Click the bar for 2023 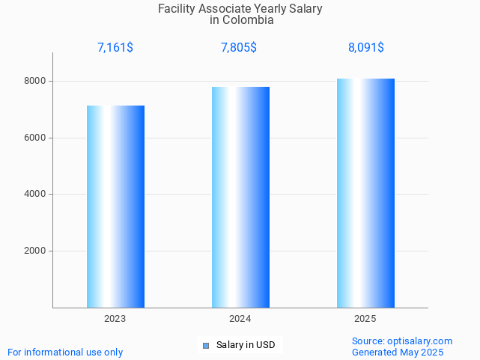click(115, 207)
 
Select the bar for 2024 click(240, 197)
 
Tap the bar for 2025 click(365, 193)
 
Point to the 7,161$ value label click(115, 48)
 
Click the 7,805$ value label click(239, 48)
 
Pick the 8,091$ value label click(366, 48)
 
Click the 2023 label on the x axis click(115, 319)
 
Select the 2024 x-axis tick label click(240, 319)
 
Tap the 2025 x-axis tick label click(365, 319)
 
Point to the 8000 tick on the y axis click(34, 81)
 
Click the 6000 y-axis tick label click(34, 138)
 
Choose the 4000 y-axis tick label click(34, 195)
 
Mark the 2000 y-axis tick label click(34, 251)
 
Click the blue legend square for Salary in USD click(206, 345)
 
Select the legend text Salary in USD click(246, 345)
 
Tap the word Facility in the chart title click(177, 9)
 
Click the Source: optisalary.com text click(402, 341)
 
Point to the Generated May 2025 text click(398, 353)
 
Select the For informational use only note click(65, 353)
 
